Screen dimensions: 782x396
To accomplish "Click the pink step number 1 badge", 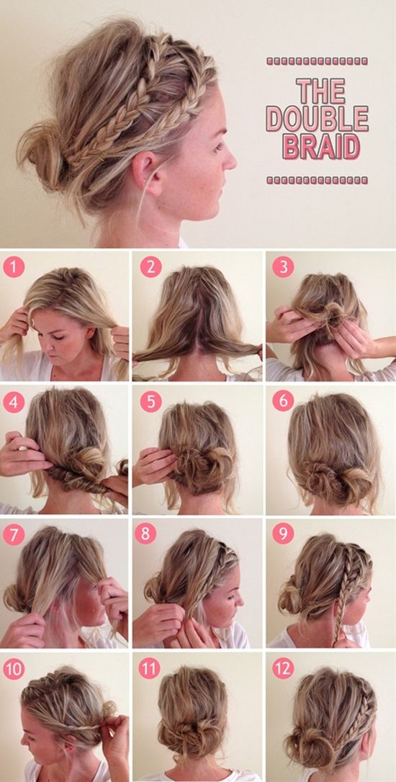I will [14, 267].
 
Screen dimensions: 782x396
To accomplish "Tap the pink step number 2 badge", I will [150, 267].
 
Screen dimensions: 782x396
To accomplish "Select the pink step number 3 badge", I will [283, 267].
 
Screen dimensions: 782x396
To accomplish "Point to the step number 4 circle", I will [14, 401].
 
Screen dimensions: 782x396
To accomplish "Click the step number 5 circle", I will [150, 401].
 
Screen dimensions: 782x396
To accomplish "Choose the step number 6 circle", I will [283, 401].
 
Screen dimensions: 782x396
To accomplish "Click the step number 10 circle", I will [14, 669].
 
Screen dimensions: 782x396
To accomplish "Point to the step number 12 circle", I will [283, 669].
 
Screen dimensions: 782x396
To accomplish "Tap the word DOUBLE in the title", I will [317, 118].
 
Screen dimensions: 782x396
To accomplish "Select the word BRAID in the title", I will [320, 146].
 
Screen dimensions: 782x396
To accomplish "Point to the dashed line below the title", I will [317, 178].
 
